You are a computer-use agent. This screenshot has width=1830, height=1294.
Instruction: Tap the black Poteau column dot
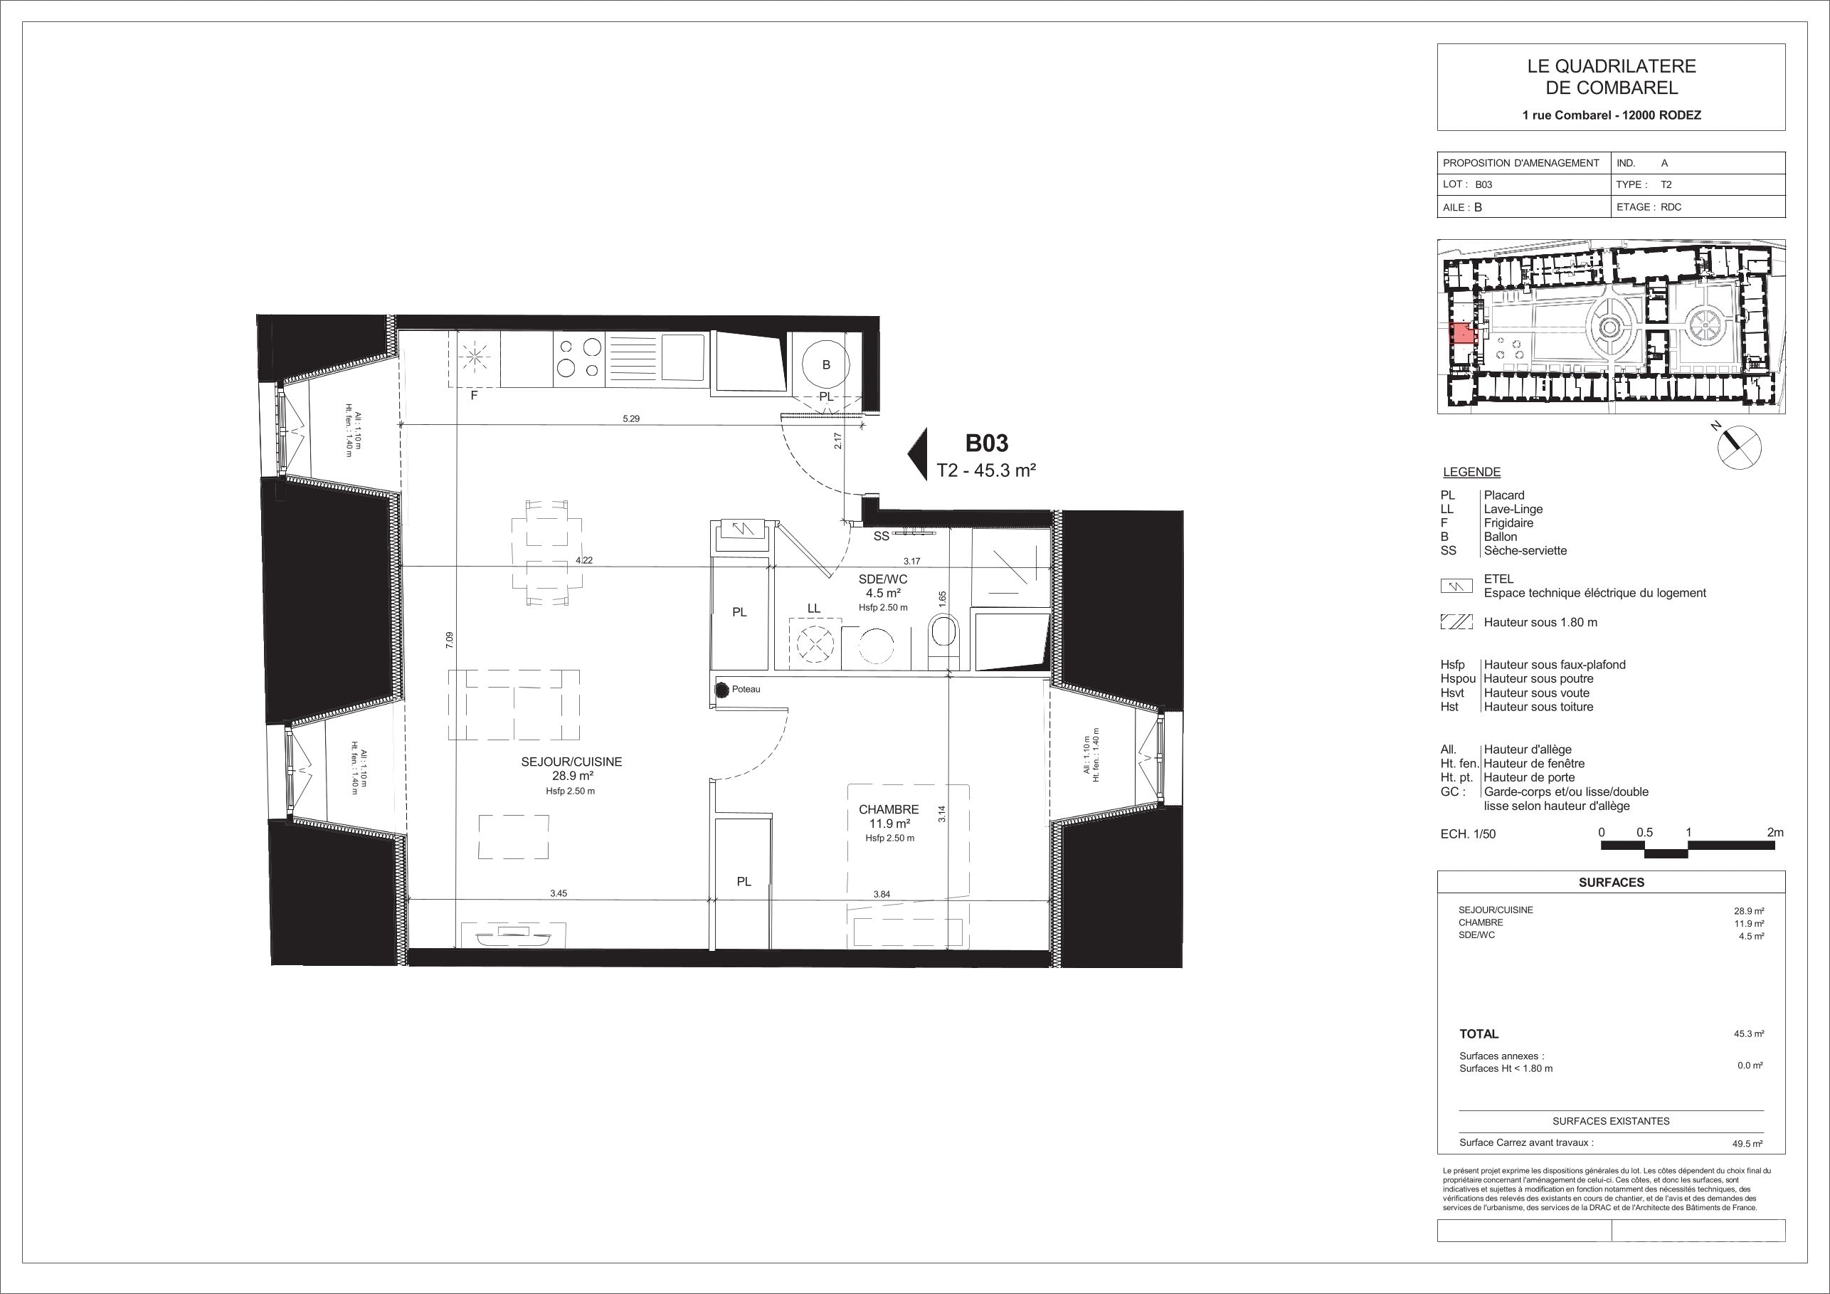722,690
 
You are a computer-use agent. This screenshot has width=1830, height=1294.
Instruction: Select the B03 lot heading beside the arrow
987,443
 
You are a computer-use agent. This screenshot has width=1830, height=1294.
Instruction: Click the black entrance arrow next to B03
917,454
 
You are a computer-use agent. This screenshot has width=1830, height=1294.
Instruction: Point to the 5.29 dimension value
630,419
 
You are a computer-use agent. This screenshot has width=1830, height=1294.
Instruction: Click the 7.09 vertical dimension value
450,640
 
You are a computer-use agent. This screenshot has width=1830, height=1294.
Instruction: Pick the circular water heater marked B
826,365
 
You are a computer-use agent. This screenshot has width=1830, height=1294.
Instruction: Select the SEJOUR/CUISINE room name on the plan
571,762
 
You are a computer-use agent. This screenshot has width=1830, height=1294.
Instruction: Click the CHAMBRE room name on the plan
889,809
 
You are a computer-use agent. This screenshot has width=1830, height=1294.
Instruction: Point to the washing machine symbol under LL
814,643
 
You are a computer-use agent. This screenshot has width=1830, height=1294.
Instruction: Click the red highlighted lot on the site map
1461,333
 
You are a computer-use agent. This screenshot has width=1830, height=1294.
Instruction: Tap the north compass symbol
1738,446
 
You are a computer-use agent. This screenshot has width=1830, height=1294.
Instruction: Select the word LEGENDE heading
1471,472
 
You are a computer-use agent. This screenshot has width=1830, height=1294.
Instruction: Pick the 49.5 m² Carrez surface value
1748,1142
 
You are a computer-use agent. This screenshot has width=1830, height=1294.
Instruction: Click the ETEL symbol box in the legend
1456,586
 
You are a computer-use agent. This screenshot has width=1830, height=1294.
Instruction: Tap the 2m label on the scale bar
1775,832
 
